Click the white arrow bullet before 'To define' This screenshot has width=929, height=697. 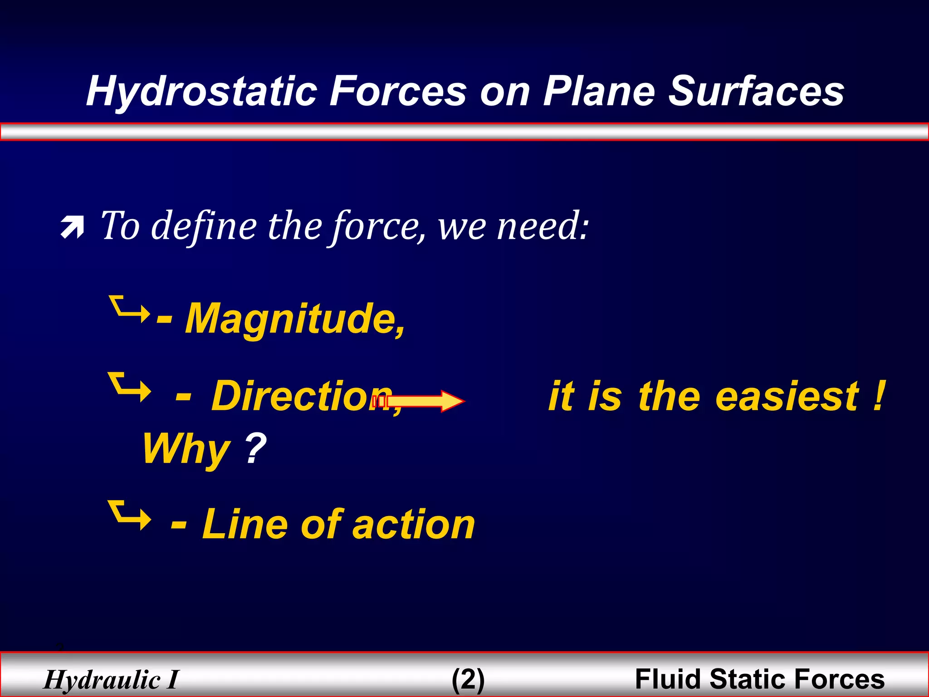click(73, 227)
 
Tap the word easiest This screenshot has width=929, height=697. click(787, 397)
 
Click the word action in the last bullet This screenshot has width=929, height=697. click(413, 525)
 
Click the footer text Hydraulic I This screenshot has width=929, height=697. click(112, 680)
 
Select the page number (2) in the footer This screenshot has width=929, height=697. click(468, 680)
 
